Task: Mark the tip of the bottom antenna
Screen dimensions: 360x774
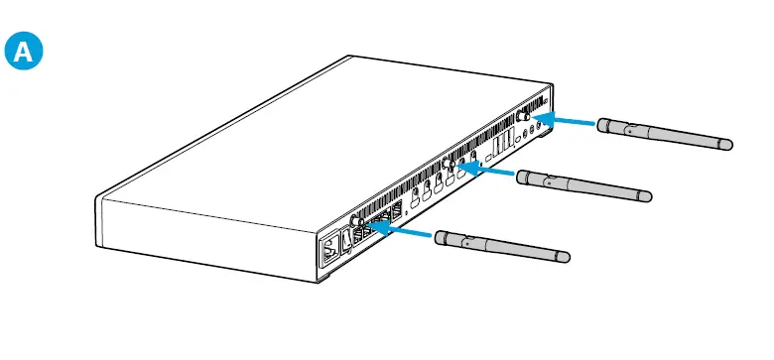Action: (565, 257)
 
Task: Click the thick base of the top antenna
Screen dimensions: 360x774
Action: (608, 125)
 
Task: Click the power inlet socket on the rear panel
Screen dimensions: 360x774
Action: (328, 248)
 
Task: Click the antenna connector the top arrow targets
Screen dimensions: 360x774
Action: (523, 115)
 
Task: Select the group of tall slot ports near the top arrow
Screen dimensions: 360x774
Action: (501, 146)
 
